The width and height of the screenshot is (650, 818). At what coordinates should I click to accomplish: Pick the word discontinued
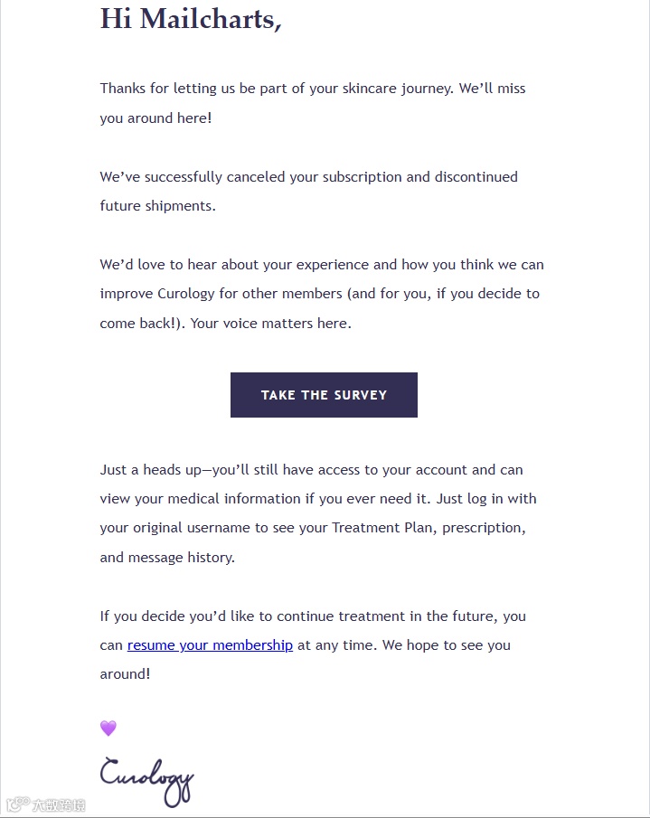[x=476, y=177]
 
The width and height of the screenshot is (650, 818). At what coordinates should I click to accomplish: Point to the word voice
[x=239, y=324]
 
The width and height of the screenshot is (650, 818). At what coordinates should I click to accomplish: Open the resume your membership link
[x=210, y=645]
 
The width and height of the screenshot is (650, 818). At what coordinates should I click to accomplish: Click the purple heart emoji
[x=108, y=729]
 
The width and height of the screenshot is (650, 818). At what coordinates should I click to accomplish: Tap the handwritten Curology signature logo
[x=146, y=779]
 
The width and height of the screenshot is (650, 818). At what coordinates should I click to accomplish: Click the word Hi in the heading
[x=116, y=18]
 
